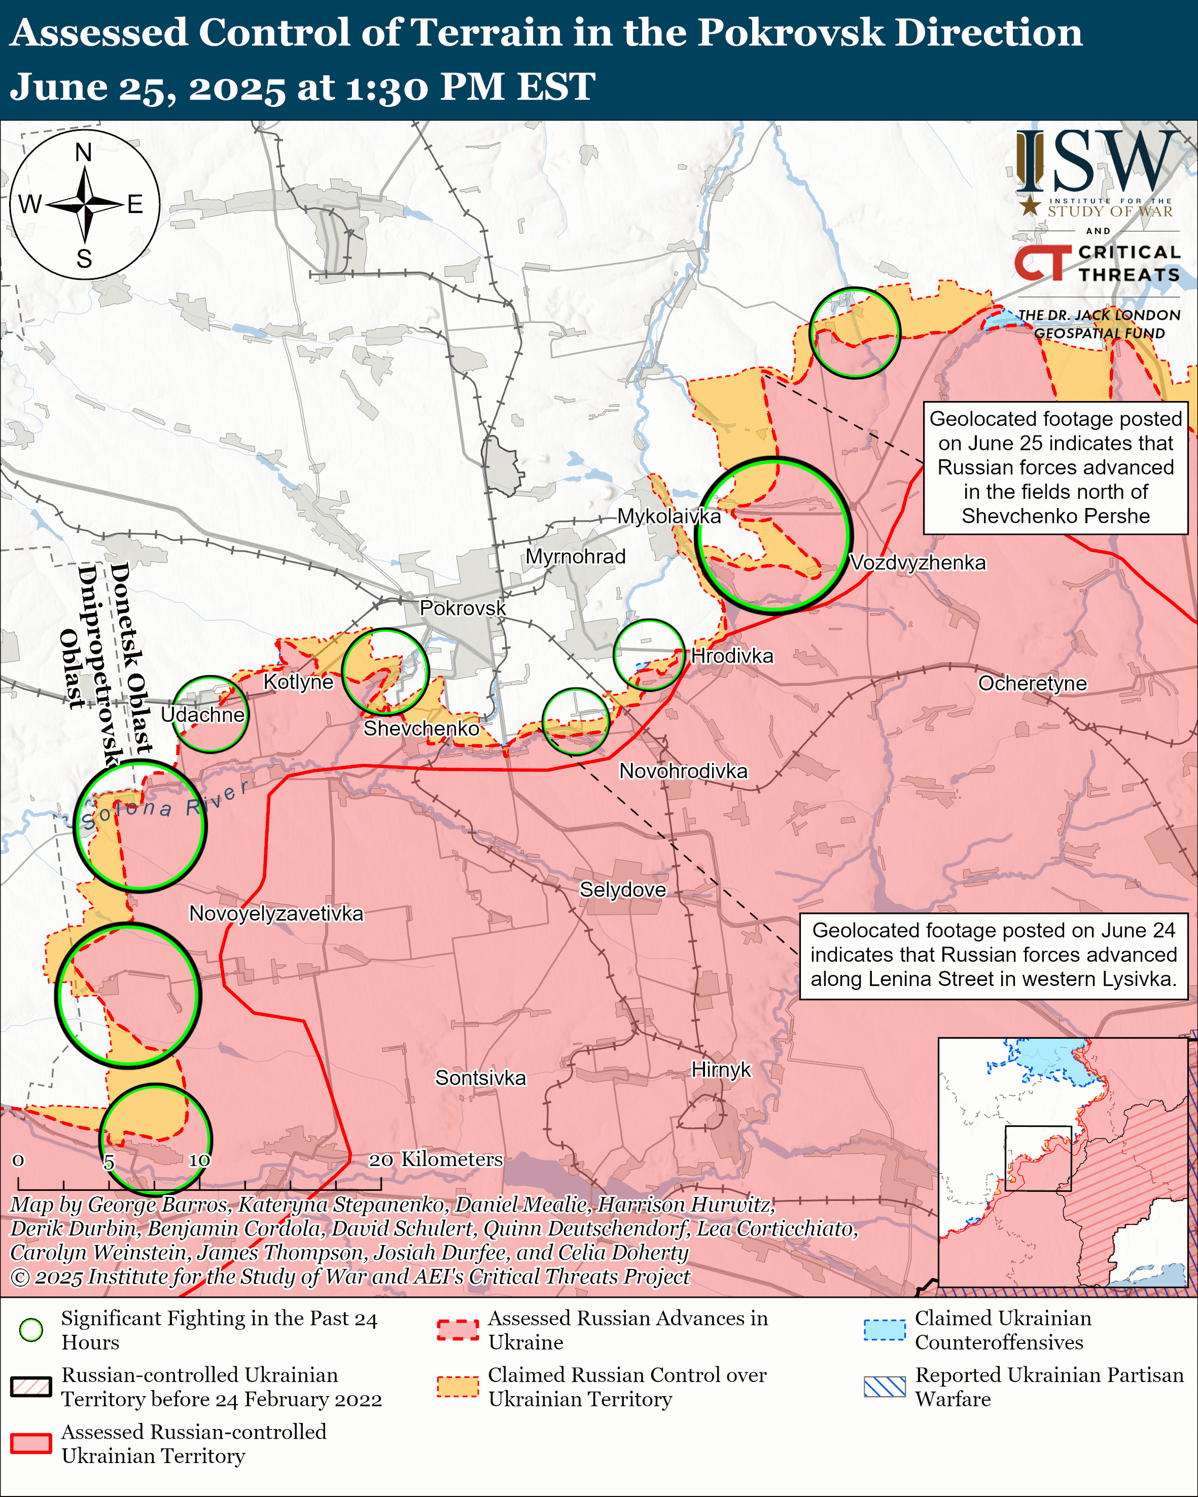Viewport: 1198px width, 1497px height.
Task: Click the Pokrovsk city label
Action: (463, 608)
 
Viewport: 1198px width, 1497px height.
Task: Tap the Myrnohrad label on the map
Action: (575, 557)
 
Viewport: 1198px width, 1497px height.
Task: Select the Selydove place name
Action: (622, 890)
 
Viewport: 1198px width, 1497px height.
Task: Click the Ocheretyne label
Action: (1032, 683)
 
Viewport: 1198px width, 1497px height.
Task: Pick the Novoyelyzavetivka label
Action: (276, 913)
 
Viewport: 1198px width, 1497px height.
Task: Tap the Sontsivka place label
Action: (481, 1078)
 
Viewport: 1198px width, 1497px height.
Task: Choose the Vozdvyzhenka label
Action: (918, 562)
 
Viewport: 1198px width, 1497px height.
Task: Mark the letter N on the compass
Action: (83, 152)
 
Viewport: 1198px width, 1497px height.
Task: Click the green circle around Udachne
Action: (210, 714)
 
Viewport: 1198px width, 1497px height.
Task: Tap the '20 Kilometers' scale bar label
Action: (436, 1159)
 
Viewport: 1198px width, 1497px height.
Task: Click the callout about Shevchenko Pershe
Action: (1055, 467)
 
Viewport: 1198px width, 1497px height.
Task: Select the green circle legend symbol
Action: (30, 1330)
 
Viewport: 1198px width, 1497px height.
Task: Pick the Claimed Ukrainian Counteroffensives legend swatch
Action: (884, 1330)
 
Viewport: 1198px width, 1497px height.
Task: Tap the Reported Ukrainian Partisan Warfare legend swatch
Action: (884, 1386)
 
